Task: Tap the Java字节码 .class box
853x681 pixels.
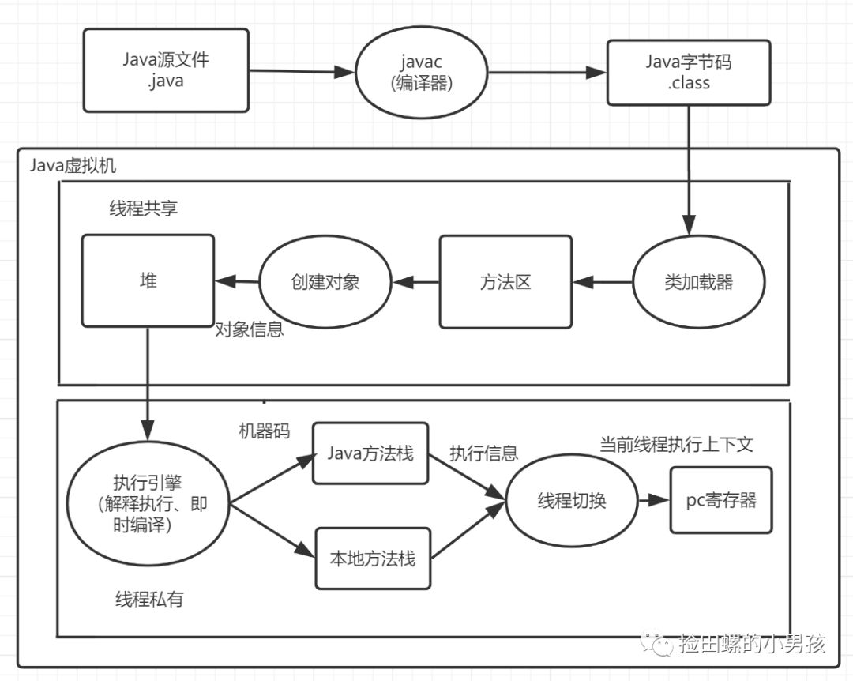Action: pos(688,72)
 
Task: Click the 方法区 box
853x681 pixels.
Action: pos(505,282)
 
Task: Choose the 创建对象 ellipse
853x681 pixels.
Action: pos(325,282)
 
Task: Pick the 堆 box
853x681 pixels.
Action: pos(148,280)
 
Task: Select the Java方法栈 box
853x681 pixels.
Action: pos(370,453)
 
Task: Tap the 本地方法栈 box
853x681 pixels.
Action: pos(373,559)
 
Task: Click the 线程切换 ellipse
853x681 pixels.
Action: pos(572,501)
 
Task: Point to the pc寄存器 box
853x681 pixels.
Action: pos(720,500)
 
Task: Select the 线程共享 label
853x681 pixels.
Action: pos(144,209)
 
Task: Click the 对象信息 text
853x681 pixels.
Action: pos(250,330)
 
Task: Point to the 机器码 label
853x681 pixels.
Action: pos(265,431)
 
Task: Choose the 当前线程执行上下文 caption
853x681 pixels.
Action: pos(676,445)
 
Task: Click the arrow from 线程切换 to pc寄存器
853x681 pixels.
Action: pos(653,501)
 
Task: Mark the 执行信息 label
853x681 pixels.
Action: pos(483,453)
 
